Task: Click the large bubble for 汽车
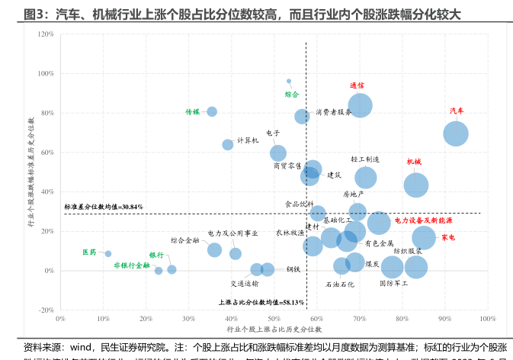point(456,133)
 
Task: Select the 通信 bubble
point(360,105)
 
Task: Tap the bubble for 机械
point(415,185)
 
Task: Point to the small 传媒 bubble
point(212,111)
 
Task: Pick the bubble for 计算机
point(228,144)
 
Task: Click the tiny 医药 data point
point(108,254)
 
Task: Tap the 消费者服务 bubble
point(302,117)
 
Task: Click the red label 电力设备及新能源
point(423,220)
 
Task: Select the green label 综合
point(292,95)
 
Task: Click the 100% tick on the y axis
point(46,74)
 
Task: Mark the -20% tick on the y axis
point(46,310)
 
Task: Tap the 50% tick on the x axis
point(274,319)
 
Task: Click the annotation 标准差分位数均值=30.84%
point(104,207)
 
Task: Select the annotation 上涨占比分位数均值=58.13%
point(261,303)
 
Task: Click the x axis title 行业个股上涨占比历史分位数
point(274,329)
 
